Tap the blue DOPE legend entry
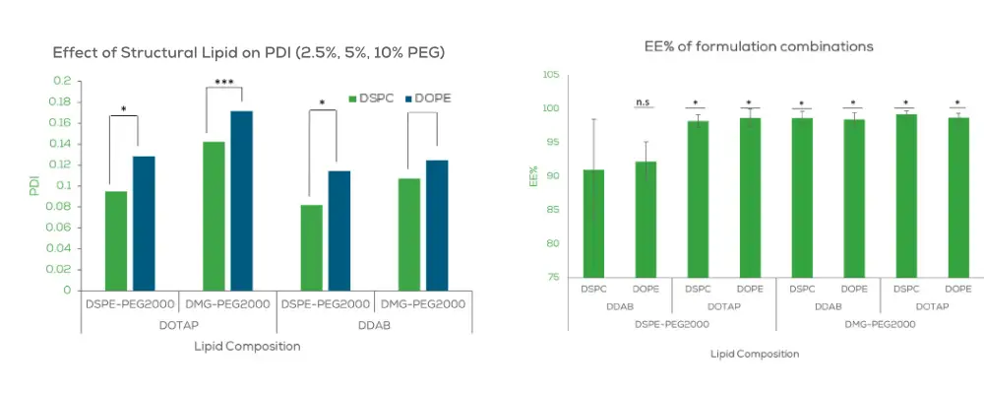tap(431, 98)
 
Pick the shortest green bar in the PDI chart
tap(312, 247)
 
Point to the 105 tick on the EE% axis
tap(551, 75)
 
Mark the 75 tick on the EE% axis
tap(552, 278)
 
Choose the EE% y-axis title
tap(534, 176)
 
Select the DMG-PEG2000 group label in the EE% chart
tap(880, 323)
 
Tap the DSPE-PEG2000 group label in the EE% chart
tap(671, 323)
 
